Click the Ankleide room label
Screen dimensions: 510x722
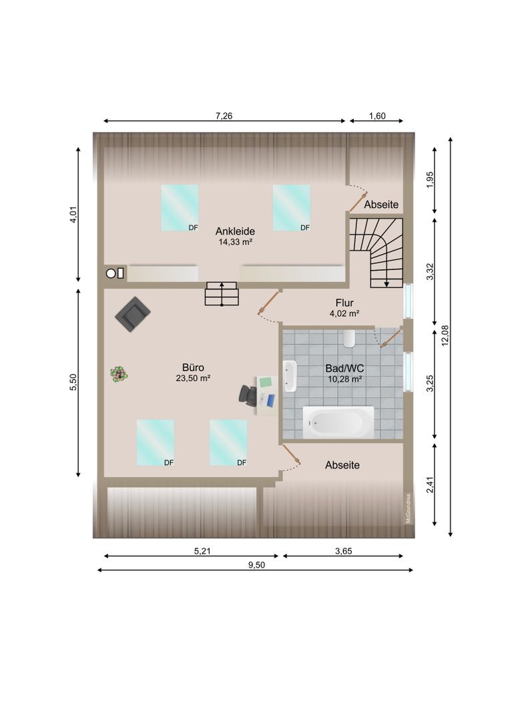click(235, 231)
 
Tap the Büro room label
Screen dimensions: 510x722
click(193, 368)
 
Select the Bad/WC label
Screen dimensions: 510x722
click(344, 368)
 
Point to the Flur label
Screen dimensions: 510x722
click(344, 303)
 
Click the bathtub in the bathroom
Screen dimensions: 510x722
click(338, 422)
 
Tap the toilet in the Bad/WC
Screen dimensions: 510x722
click(349, 338)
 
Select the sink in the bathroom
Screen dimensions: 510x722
click(290, 376)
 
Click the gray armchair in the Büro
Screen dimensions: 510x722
click(132, 314)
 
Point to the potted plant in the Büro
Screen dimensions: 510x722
click(119, 374)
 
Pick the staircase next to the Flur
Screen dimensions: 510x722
click(376, 253)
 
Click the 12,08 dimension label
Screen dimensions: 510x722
click(445, 336)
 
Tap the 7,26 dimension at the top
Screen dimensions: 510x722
click(224, 116)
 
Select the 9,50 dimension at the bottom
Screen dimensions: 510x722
click(256, 565)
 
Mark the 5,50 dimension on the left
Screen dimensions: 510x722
click(73, 382)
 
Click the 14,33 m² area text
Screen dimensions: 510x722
click(235, 242)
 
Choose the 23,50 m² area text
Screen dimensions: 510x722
click(193, 378)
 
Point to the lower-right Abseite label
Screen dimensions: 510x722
click(342, 465)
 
